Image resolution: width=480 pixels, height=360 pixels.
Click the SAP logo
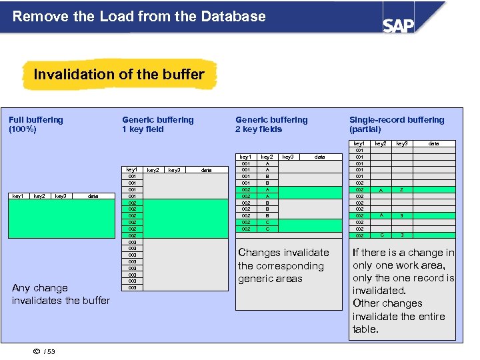pyautogui.click(x=398, y=25)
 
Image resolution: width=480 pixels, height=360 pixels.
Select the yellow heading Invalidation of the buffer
pyautogui.click(x=119, y=74)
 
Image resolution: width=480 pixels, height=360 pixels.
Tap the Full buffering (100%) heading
pyautogui.click(x=36, y=125)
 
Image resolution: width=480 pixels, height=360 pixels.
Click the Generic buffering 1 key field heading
pyautogui.click(x=157, y=125)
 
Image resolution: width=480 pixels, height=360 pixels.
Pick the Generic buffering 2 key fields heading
pyautogui.click(x=271, y=125)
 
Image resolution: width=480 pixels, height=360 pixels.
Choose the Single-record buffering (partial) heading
pyautogui.click(x=396, y=125)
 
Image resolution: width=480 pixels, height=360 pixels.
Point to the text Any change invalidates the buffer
pyautogui.click(x=61, y=294)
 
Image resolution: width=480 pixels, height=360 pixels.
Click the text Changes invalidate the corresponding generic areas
pyautogui.click(x=283, y=265)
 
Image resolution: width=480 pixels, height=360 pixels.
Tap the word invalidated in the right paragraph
pyautogui.click(x=379, y=291)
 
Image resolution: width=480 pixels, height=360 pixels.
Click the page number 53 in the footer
pyautogui.click(x=51, y=351)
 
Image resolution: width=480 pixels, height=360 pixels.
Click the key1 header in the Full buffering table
pyautogui.click(x=19, y=196)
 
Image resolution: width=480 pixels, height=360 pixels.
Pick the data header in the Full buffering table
pyautogui.click(x=93, y=196)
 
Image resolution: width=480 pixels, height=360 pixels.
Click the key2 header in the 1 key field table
pyautogui.click(x=153, y=170)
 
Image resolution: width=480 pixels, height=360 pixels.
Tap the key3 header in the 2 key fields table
pyautogui.click(x=287, y=157)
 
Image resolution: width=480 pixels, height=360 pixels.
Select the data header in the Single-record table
pyautogui.click(x=433, y=143)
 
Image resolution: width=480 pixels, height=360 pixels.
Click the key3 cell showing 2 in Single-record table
pyautogui.click(x=401, y=190)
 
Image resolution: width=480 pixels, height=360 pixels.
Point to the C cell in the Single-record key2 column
pyautogui.click(x=381, y=235)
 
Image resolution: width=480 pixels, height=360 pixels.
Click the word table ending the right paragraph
pyautogui.click(x=365, y=329)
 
